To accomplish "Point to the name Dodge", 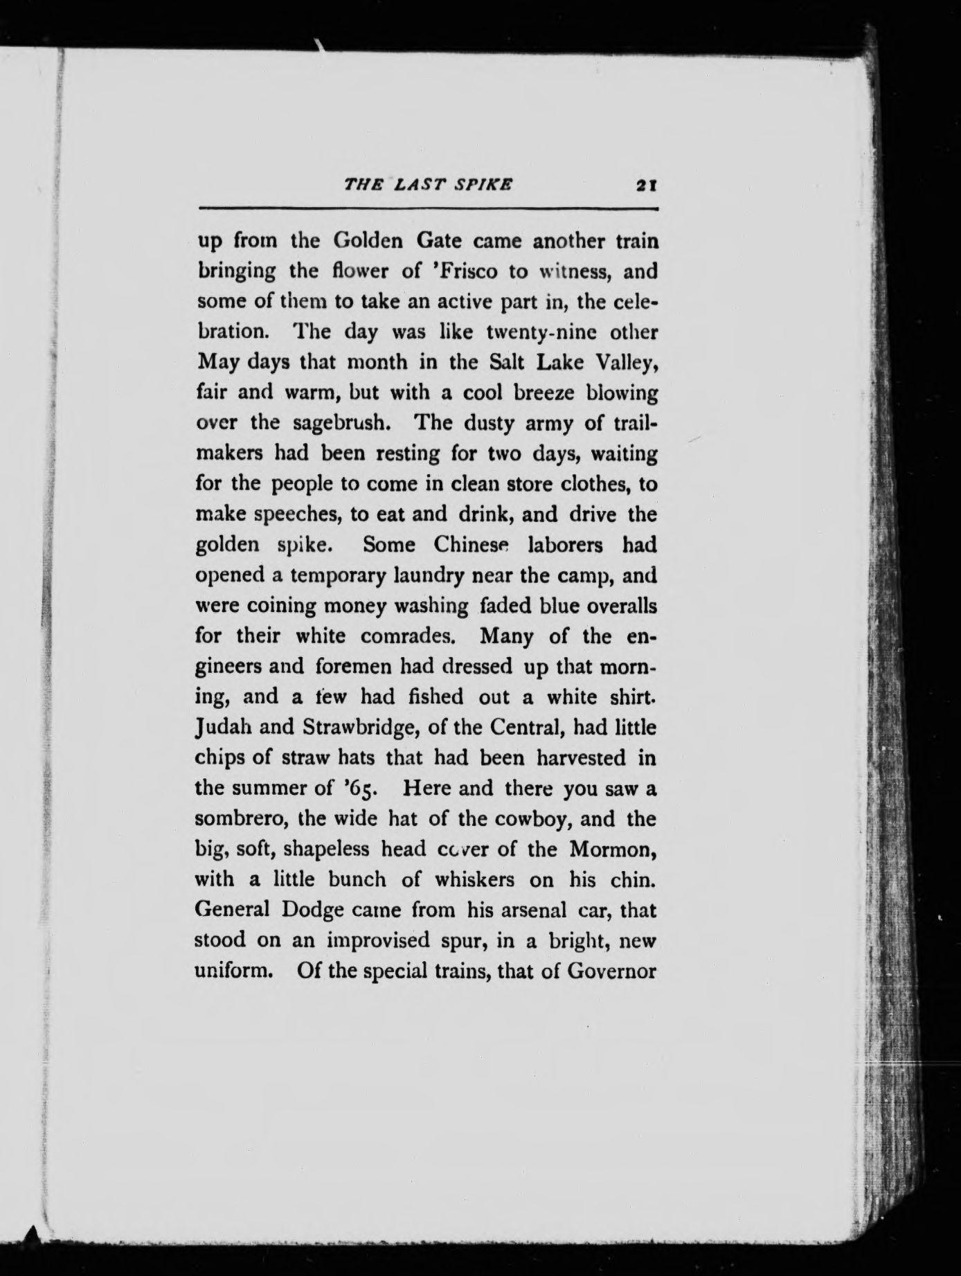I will [x=312, y=910].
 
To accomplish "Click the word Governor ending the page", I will [x=611, y=971].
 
